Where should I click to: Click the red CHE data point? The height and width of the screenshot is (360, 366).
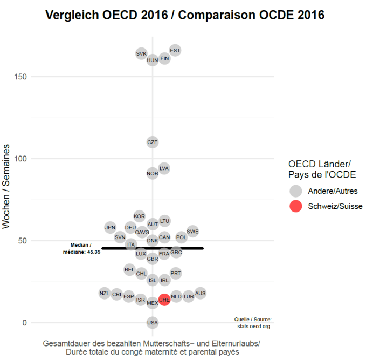164,299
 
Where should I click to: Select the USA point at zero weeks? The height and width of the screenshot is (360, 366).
153,323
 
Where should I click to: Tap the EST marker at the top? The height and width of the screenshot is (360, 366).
175,51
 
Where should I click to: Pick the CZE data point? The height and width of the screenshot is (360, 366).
153,142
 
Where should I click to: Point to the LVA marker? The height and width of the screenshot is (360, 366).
164,168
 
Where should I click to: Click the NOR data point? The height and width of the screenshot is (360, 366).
153,173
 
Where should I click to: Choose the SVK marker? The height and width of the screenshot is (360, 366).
141,53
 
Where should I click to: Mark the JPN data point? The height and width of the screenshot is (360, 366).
110,227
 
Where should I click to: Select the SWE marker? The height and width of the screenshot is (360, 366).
192,232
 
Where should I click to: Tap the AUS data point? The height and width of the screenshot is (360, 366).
201,293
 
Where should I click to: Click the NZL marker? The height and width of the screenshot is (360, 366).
105,293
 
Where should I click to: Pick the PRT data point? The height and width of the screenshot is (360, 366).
176,273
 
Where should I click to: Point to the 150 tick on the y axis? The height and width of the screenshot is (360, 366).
22,77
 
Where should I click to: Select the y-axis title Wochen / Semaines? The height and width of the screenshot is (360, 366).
7,186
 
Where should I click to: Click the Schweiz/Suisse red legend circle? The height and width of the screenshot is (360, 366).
295,206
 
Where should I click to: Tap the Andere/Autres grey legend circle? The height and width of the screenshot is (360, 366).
295,191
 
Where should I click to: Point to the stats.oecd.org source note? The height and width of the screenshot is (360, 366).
253,323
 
